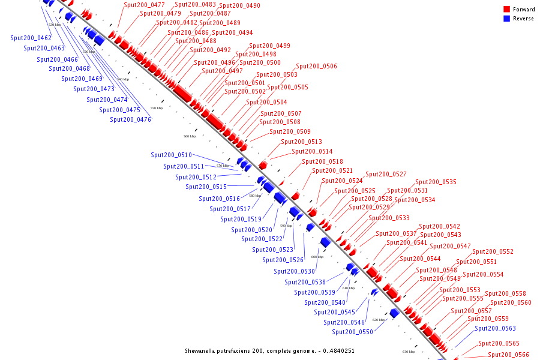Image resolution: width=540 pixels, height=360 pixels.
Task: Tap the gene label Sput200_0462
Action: [x=31, y=38]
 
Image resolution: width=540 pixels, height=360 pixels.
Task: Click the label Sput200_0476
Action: [x=130, y=119]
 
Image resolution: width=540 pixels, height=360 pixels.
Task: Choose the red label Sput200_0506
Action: [x=316, y=67]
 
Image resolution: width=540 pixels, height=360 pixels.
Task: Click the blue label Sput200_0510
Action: [x=171, y=155]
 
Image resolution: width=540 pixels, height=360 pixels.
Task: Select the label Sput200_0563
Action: [x=495, y=329]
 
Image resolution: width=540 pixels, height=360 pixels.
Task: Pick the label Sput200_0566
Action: [x=508, y=355]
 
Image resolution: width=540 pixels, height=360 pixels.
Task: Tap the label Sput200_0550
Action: [x=352, y=332]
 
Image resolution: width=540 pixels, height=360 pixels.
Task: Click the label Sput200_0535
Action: [x=436, y=182]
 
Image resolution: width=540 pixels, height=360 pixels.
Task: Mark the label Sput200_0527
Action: [x=386, y=174]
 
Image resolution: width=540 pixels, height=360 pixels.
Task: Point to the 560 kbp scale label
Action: [x=190, y=136]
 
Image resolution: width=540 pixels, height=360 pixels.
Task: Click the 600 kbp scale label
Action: [x=317, y=257]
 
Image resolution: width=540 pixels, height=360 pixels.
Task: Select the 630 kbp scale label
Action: [x=409, y=352]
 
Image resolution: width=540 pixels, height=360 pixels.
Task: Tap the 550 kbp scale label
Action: [x=156, y=108]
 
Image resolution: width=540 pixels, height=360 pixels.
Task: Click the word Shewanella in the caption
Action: [x=201, y=350]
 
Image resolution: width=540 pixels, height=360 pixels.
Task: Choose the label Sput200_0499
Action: [x=269, y=46]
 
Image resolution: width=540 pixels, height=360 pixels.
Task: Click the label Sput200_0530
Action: [x=294, y=271]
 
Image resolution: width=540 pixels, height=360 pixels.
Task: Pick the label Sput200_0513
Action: [x=302, y=142]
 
